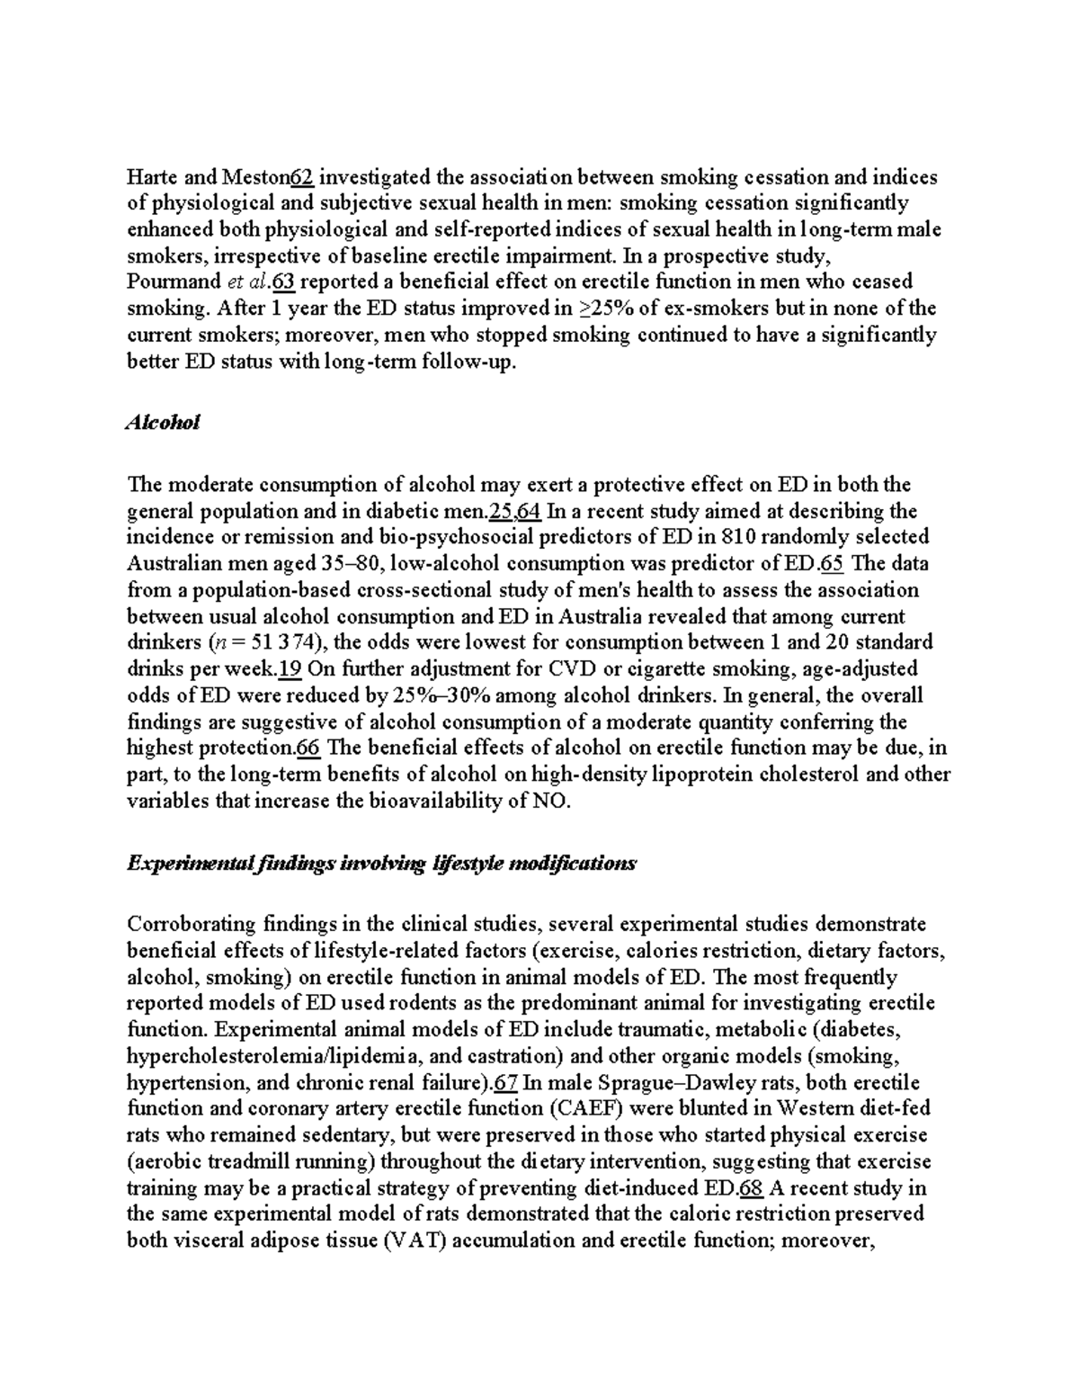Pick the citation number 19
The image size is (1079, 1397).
[290, 669]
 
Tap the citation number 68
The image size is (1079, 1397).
[751, 1187]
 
